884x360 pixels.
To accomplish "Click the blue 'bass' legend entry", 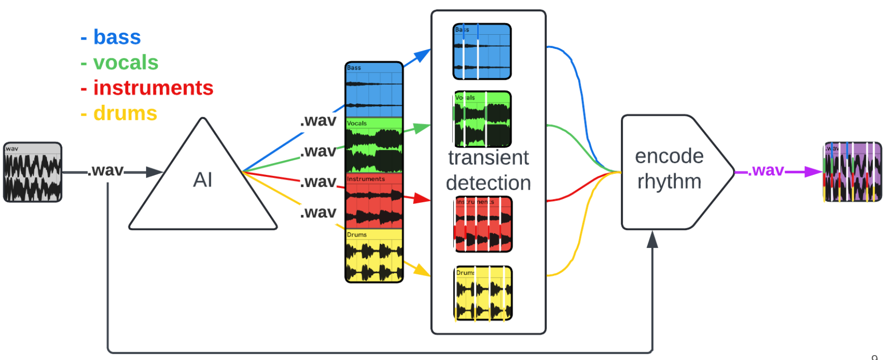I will (x=111, y=38).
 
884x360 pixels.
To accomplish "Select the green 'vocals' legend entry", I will (x=120, y=63).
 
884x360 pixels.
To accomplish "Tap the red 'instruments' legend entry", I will (x=147, y=89).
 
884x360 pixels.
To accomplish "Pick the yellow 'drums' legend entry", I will (x=119, y=114).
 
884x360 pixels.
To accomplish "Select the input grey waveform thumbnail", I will (x=33, y=172).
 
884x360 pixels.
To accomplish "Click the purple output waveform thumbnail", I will (x=852, y=172).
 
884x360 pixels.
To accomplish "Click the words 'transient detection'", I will (x=489, y=170).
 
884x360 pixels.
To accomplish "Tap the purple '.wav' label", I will (x=765, y=170).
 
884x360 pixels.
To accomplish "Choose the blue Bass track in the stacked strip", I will (x=374, y=90).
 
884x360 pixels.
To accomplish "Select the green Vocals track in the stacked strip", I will (x=374, y=145).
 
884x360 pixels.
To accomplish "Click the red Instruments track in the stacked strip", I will (x=374, y=200).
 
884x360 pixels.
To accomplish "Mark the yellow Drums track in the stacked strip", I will (x=374, y=255).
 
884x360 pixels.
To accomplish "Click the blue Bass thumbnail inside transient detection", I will (x=482, y=51).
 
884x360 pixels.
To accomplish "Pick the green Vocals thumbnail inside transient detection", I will (x=483, y=119).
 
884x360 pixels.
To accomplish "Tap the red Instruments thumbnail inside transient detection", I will (x=483, y=224).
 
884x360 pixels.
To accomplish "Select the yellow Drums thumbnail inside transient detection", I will (x=483, y=293).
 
